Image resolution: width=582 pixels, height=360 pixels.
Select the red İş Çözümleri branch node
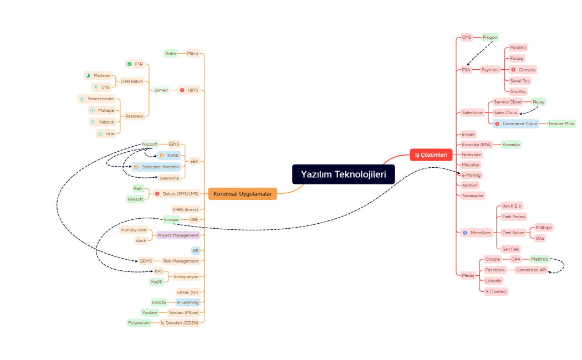click(x=431, y=155)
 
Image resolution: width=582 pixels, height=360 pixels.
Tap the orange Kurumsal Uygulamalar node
click(x=243, y=194)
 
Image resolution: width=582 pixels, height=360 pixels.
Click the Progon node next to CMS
click(x=489, y=38)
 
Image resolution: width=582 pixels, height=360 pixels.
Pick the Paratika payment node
click(x=518, y=48)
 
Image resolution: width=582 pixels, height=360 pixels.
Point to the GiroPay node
click(x=518, y=91)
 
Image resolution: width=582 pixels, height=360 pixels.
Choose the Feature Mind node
click(x=561, y=124)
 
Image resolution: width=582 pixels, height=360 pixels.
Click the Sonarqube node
click(x=473, y=196)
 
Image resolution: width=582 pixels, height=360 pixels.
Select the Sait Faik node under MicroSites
click(x=510, y=249)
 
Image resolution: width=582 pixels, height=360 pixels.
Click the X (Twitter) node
click(x=496, y=291)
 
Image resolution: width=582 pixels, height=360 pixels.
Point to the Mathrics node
click(x=539, y=259)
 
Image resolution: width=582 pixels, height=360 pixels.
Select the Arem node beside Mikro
click(x=171, y=53)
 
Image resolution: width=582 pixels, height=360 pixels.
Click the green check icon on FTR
click(x=129, y=64)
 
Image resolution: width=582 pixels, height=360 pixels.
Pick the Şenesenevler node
click(x=100, y=99)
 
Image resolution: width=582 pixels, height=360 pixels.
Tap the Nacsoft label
click(x=150, y=144)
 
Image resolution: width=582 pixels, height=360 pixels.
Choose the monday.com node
click(x=133, y=230)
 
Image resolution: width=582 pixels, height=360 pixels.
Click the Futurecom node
click(x=139, y=322)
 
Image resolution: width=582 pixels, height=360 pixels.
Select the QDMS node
click(x=146, y=261)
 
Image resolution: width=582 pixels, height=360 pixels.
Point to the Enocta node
click(x=159, y=302)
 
